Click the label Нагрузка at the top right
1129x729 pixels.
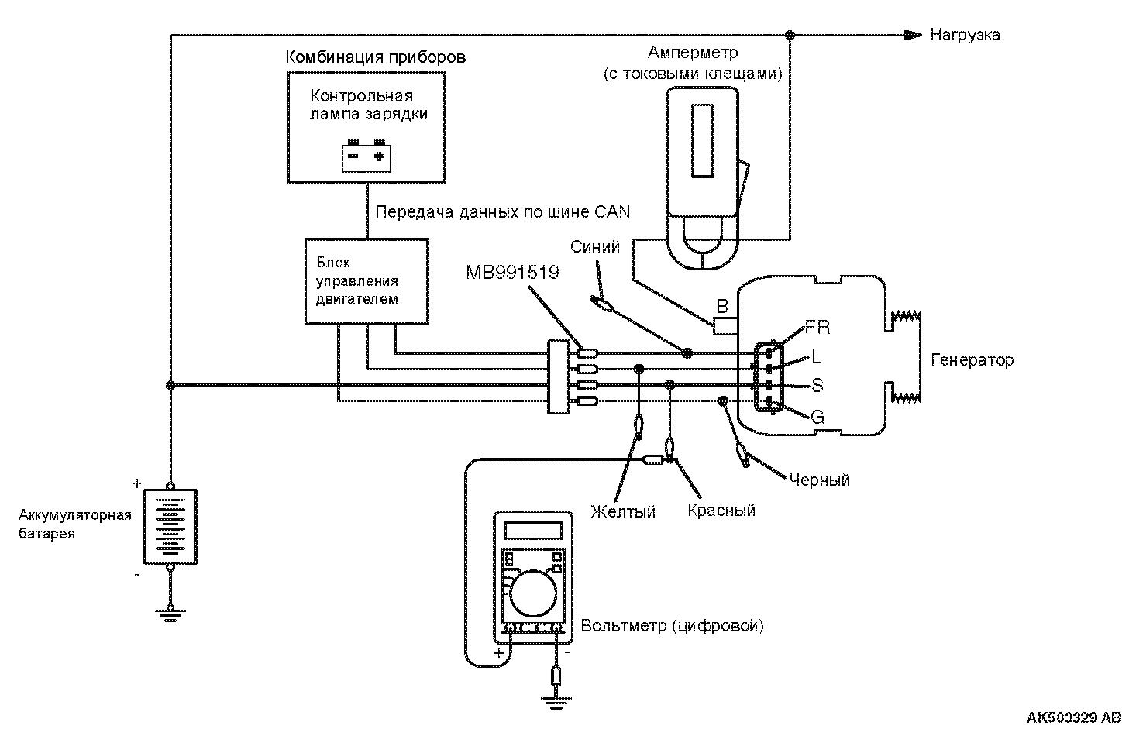click(965, 35)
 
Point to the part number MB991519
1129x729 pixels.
click(512, 273)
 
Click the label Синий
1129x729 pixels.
click(595, 247)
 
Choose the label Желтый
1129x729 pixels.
click(623, 511)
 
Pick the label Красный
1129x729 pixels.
click(721, 511)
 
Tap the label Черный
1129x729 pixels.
click(820, 480)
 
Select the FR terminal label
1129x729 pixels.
click(817, 327)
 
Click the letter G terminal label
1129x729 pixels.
click(817, 418)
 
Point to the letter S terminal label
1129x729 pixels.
click(817, 385)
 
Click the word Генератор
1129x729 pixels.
click(972, 360)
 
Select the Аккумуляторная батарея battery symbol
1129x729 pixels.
click(170, 526)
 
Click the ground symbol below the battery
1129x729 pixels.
click(170, 615)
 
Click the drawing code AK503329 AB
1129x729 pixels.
click(1073, 717)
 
